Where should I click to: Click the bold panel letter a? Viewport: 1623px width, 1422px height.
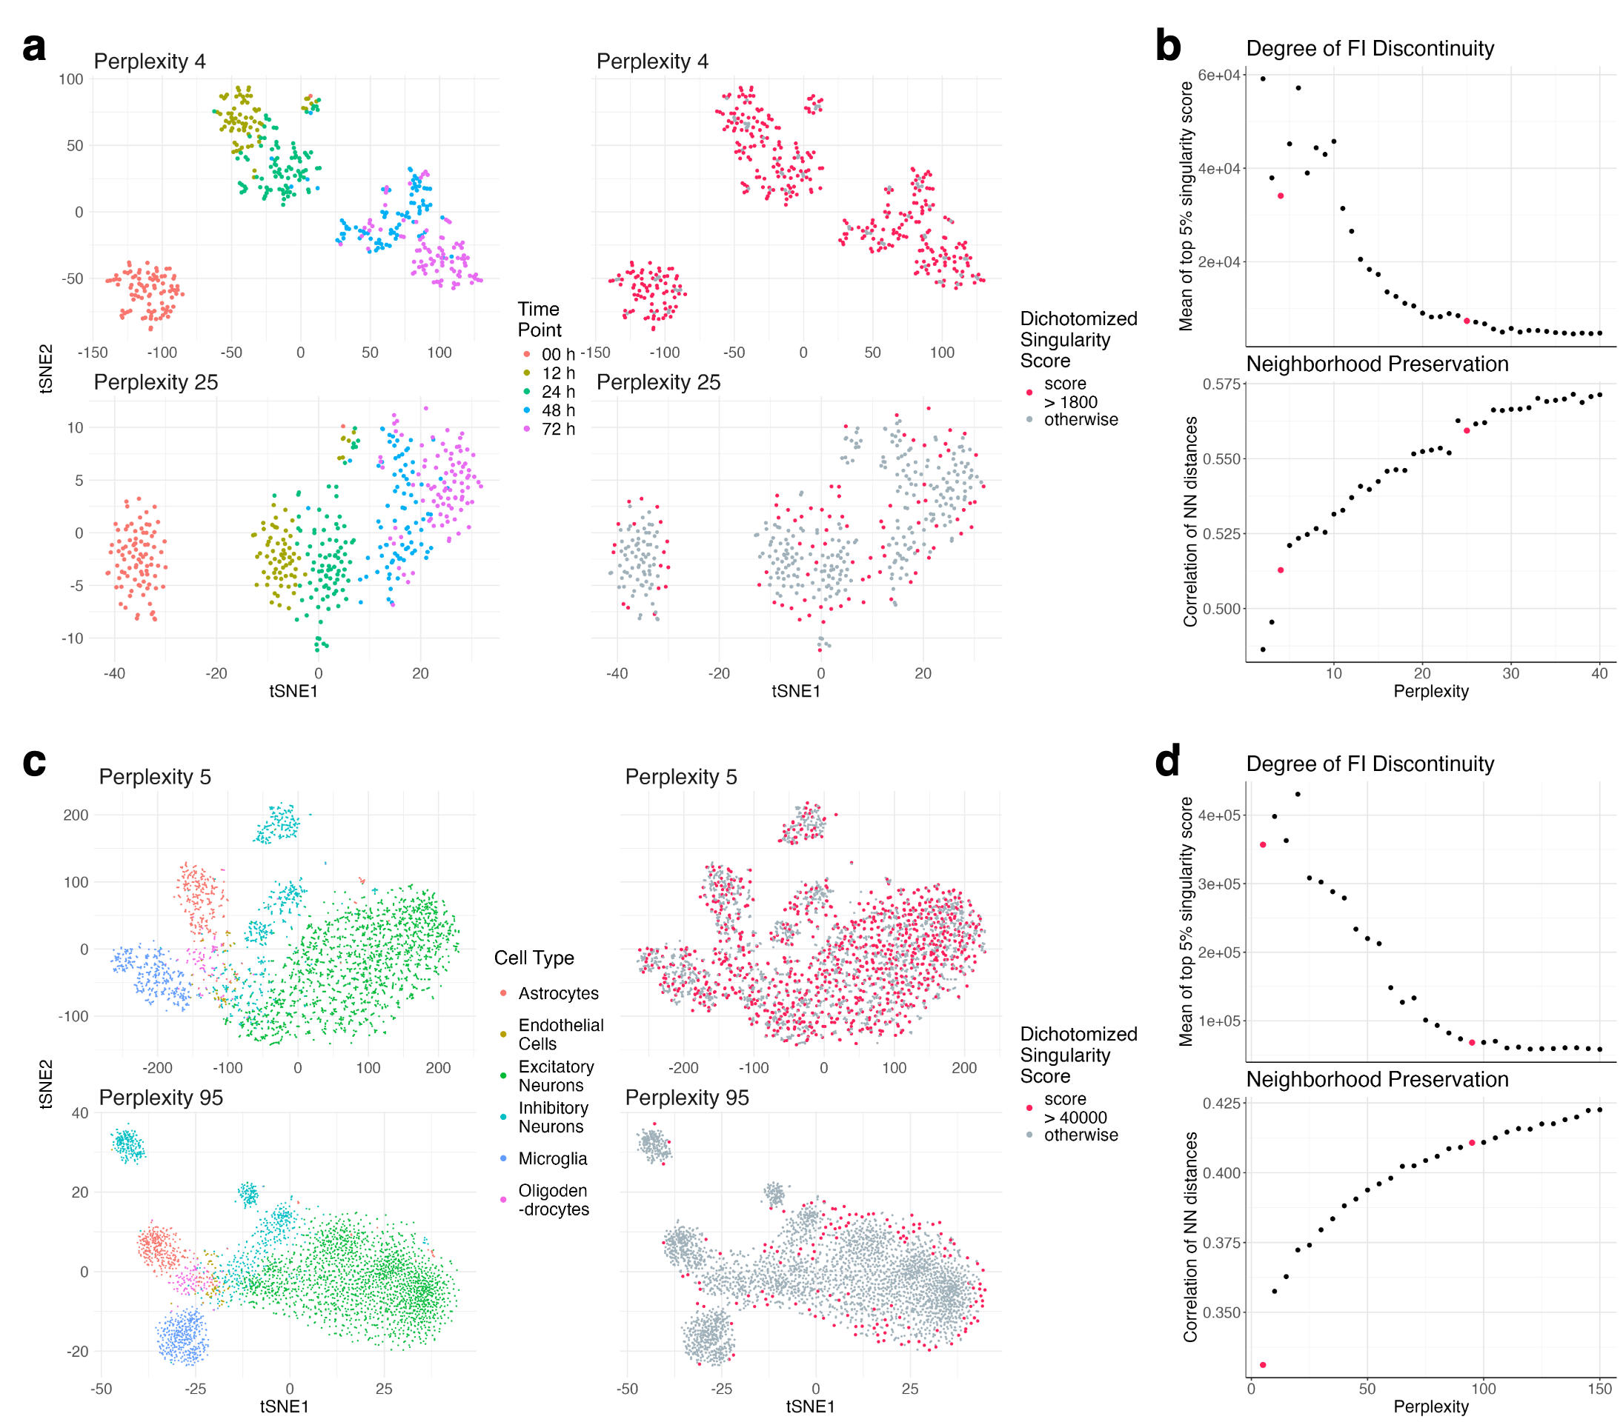point(34,47)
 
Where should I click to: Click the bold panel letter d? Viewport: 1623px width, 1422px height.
point(1167,762)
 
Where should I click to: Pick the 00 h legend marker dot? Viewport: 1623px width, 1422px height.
point(526,354)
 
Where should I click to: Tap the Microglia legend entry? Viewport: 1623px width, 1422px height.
point(552,1158)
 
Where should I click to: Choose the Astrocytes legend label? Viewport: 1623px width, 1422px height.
point(558,993)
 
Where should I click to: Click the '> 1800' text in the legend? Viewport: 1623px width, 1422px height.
point(1070,402)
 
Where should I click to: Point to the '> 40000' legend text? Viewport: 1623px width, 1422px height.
point(1075,1118)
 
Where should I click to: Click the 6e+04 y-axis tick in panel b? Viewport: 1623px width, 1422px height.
point(1218,76)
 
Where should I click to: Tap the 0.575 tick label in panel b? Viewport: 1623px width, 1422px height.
point(1221,384)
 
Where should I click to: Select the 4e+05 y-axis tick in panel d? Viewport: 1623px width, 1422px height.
point(1218,815)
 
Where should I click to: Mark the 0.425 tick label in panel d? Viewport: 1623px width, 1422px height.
point(1221,1104)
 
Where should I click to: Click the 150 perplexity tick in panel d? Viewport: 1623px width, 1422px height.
point(1599,1389)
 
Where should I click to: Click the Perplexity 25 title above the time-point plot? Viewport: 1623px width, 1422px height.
point(156,382)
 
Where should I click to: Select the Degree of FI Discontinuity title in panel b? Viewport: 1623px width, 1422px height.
point(1370,48)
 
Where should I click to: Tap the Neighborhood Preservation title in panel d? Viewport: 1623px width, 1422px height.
point(1377,1079)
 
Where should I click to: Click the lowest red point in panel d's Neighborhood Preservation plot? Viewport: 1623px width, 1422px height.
point(1263,1365)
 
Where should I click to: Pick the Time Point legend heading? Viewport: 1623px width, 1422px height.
point(540,320)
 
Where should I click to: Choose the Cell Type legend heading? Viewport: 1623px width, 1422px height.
point(534,958)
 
